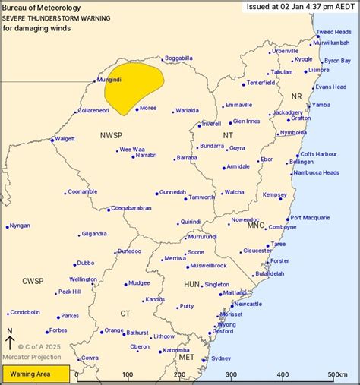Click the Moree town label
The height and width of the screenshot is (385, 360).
(x=148, y=108)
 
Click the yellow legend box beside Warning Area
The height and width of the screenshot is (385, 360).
(x=36, y=374)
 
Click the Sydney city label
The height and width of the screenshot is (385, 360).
(x=220, y=358)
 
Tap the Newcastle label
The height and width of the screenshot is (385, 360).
(x=248, y=304)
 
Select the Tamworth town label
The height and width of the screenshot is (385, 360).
(x=202, y=197)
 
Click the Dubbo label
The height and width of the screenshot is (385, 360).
(x=85, y=264)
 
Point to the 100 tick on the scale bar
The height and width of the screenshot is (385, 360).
(x=128, y=375)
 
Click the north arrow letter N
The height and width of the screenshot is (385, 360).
(x=9, y=331)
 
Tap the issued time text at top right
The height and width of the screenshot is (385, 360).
(x=300, y=6)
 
